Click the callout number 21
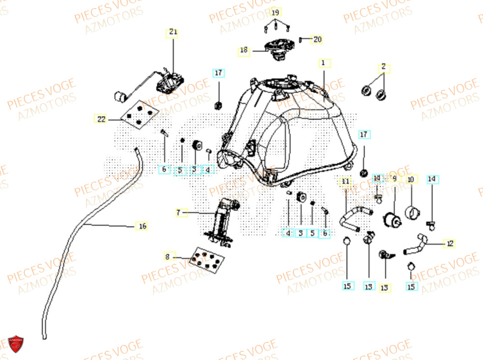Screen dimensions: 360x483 [173, 33]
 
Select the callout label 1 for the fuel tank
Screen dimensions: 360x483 [324, 63]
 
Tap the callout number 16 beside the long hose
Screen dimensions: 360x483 [142, 226]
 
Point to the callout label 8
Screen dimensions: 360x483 [167, 257]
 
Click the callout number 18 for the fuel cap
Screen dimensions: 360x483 [243, 50]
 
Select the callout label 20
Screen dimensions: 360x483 [317, 40]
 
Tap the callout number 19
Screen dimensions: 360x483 [275, 12]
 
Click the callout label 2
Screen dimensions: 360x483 [384, 67]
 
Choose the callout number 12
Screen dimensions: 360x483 [450, 244]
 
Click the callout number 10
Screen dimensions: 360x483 [411, 180]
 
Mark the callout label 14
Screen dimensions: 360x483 [432, 179]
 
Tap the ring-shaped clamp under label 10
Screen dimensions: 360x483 [413, 212]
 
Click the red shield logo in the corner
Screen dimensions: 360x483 [16, 344]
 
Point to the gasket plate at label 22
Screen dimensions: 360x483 [139, 115]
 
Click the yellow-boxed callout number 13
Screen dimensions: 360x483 [384, 288]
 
